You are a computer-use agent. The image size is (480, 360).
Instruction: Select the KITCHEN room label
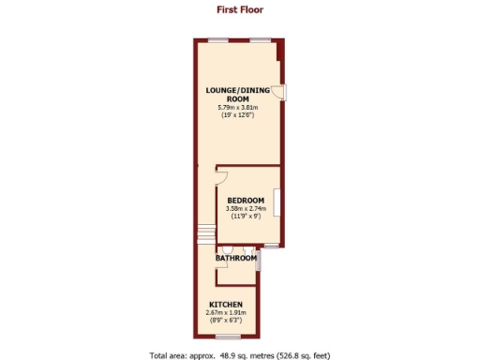(226, 306)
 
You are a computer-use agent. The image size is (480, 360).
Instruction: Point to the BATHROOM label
(236, 258)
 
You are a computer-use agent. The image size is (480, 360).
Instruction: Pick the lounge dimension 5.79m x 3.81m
(237, 107)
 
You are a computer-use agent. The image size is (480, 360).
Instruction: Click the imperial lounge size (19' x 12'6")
(237, 114)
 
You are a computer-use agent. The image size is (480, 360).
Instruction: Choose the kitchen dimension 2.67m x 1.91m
(226, 313)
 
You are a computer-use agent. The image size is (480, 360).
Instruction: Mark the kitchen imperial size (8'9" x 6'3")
(226, 321)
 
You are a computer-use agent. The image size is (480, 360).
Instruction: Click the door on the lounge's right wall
(282, 92)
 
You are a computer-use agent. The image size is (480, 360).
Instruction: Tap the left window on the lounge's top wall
(217, 39)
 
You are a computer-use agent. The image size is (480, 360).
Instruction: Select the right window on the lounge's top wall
(260, 39)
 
